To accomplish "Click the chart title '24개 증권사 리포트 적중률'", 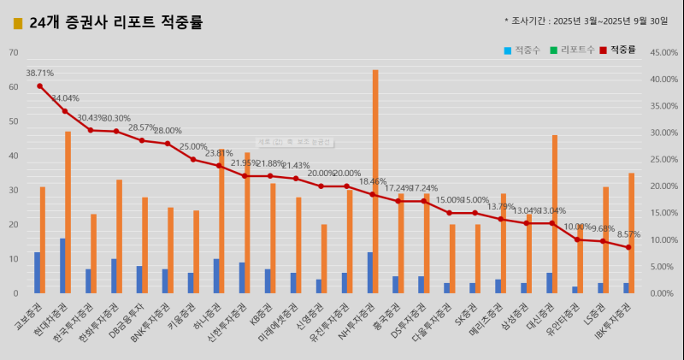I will (x=115, y=23).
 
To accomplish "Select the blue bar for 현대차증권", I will (x=62, y=266).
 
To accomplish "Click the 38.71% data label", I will (x=39, y=74).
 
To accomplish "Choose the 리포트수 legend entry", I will (x=570, y=50).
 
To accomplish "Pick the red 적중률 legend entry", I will (x=619, y=50).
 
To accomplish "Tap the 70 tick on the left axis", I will (x=13, y=53).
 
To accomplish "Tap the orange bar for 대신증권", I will (x=555, y=214).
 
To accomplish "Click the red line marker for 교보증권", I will (x=39, y=86).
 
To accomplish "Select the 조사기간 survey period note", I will (x=587, y=21).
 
